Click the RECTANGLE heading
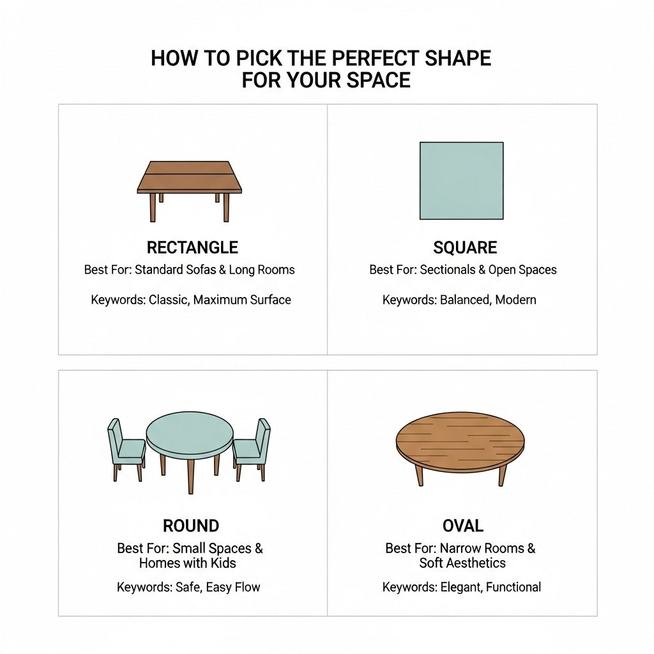coord(192,247)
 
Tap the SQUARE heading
coord(465,247)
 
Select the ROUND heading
coord(191,526)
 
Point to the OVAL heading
coord(463,526)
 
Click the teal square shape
coord(462,181)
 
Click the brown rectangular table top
coord(189,177)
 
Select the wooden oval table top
coord(460,441)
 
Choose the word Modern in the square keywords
coord(516,300)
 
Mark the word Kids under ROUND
coord(223,563)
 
